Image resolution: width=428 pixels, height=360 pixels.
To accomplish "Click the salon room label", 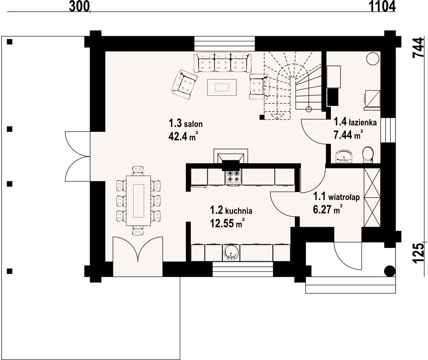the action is [x=185, y=124].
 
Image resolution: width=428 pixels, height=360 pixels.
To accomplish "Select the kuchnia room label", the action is [x=231, y=211].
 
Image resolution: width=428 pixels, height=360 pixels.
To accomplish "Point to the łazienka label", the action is [x=355, y=122].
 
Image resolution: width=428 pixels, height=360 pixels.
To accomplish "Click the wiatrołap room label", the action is [x=336, y=196].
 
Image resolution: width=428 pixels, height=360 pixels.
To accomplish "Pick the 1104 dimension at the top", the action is [x=382, y=6].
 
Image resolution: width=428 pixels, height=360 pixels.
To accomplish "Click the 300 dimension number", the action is [x=79, y=6].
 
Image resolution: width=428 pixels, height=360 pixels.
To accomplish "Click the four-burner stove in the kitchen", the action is [x=232, y=176].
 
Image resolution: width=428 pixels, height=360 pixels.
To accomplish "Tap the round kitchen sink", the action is [x=232, y=253].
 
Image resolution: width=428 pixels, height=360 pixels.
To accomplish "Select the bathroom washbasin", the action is [x=344, y=156].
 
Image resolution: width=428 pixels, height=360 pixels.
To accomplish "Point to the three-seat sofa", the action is [x=222, y=62].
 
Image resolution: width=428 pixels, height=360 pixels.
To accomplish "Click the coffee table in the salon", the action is [x=221, y=87].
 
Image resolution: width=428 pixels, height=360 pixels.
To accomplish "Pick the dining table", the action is [x=139, y=200].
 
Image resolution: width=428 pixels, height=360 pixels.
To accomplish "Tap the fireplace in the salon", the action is [x=231, y=157].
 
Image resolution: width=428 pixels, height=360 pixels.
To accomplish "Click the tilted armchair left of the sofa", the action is [x=184, y=84].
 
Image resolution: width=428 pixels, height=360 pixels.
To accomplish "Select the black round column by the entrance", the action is [x=389, y=271].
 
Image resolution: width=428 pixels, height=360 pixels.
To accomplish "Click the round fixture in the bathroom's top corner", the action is [x=373, y=58].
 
